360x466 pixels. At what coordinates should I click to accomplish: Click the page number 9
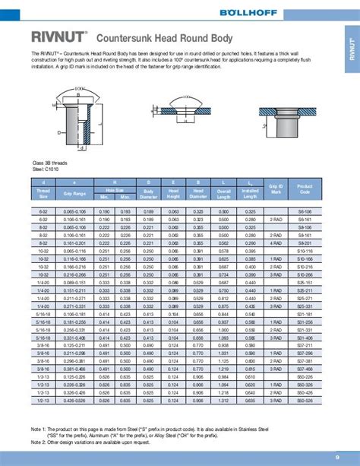(337, 457)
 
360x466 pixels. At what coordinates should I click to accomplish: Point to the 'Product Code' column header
(305, 186)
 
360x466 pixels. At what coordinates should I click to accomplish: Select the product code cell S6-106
(305, 211)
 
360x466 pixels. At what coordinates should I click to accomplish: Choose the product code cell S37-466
(305, 368)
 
